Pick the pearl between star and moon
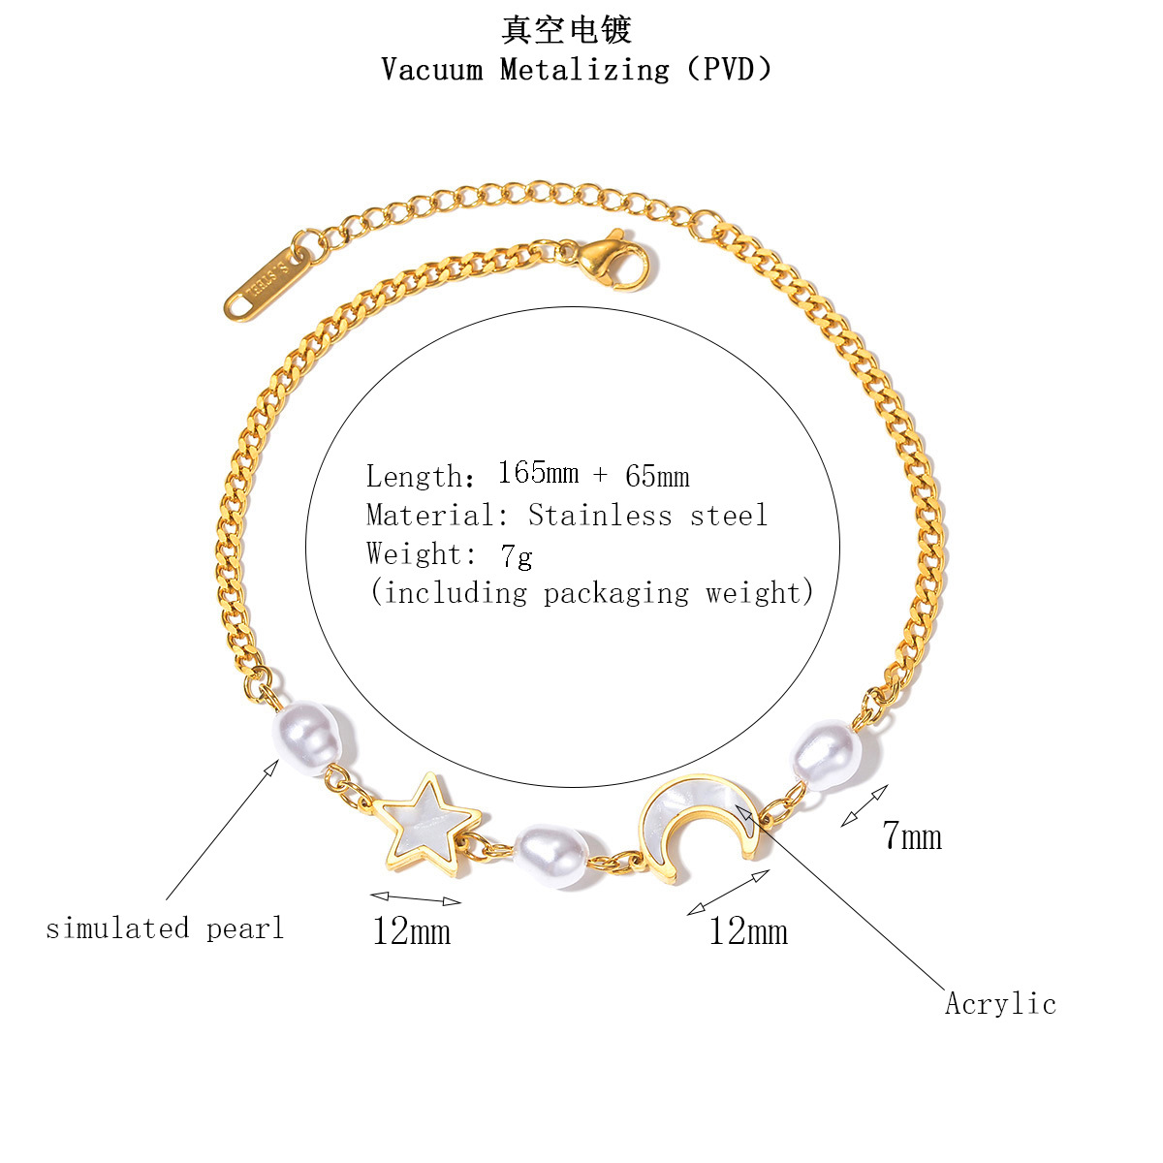[551, 855]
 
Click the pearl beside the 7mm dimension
[827, 754]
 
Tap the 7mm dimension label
[911, 835]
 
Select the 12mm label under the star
[412, 930]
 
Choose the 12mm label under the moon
[748, 930]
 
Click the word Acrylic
[1000, 1004]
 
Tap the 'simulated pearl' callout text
[165, 927]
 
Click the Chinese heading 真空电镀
[566, 30]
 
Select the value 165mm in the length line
[538, 473]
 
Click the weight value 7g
[516, 555]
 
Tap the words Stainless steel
[647, 515]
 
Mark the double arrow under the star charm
[416, 898]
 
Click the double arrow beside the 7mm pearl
[864, 805]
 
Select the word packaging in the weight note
[615, 594]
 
